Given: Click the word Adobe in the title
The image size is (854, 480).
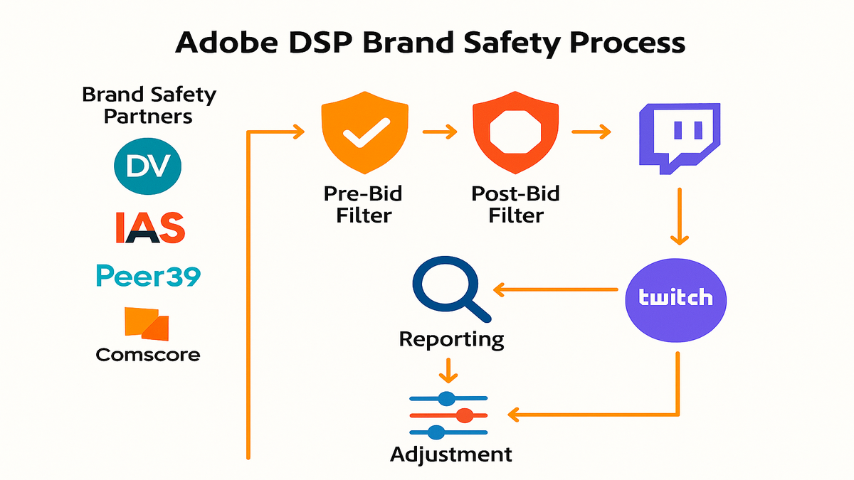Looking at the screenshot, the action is point(226,42).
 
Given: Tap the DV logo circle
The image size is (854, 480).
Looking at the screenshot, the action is point(147,166).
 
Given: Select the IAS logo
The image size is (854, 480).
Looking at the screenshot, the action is point(150,228).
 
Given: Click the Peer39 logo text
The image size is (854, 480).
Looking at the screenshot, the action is point(148,275).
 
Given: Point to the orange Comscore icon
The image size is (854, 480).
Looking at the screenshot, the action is point(147,324).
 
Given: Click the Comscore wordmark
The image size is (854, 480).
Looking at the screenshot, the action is point(148,355).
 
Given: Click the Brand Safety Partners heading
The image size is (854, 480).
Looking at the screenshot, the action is point(149,105).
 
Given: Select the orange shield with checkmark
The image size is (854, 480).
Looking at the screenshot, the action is point(365,132).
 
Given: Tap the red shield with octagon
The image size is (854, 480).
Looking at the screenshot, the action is point(515,132).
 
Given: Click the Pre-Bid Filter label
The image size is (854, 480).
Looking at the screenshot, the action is point(363,205).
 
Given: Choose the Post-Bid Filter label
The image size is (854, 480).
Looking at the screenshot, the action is point(515,205).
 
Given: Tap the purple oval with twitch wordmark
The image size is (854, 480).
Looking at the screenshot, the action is point(676,300).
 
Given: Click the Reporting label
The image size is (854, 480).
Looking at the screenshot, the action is point(451,339).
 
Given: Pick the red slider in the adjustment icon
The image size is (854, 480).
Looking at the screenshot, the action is point(449,415).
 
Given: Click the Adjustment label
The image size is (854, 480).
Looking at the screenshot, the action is point(451,454).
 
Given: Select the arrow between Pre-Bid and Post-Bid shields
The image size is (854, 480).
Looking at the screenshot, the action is point(440,132).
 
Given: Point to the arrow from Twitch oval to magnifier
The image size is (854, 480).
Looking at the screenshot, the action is point(556,289).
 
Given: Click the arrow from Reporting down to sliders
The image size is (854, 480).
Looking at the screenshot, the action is point(448,370).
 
